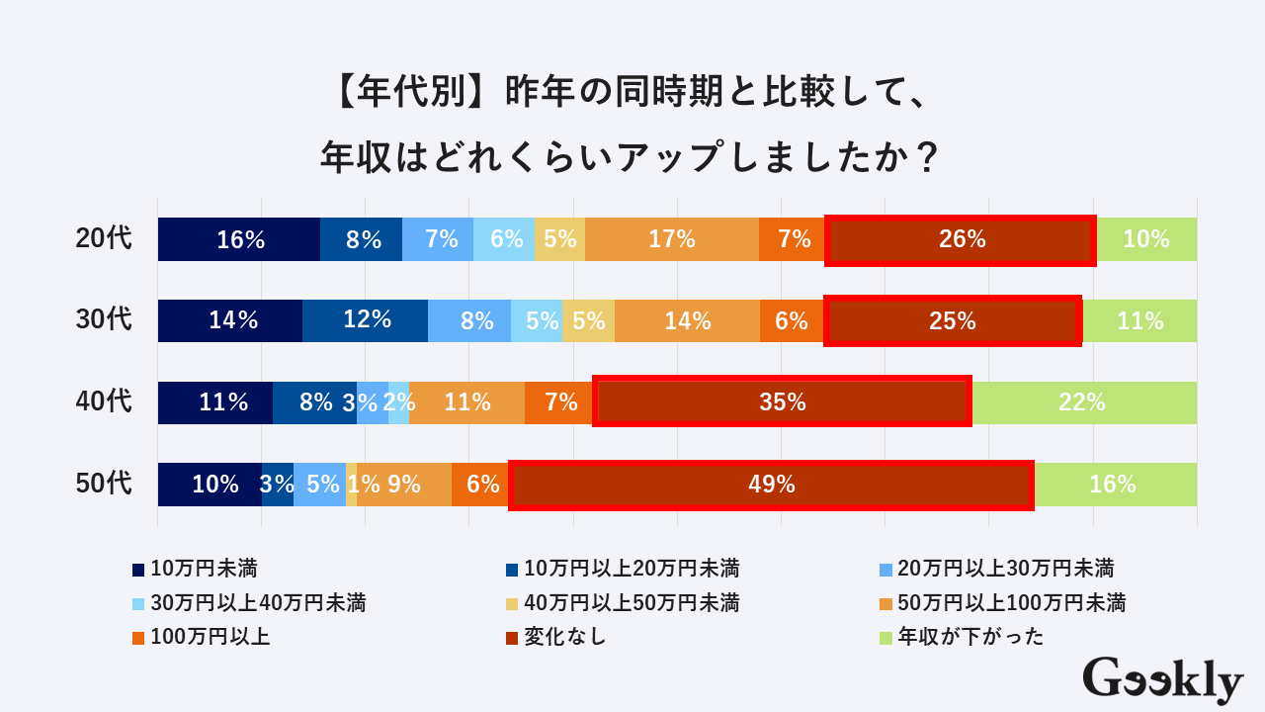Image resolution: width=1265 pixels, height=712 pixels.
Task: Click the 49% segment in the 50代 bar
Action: [x=772, y=485]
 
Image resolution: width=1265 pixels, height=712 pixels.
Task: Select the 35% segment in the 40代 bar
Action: [x=782, y=402]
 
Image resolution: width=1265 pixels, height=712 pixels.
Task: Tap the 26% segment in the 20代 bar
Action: [x=961, y=239]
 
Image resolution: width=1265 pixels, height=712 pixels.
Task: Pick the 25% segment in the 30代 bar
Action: [x=953, y=320]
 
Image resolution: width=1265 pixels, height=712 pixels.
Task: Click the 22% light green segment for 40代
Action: [x=1084, y=402]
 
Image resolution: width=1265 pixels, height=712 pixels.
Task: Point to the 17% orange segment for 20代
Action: [x=672, y=239]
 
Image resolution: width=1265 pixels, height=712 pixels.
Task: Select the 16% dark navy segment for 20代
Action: [x=239, y=239]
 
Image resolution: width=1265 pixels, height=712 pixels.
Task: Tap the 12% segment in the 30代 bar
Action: [x=366, y=320]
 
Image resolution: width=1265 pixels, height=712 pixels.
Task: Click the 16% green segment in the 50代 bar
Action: [x=1115, y=485]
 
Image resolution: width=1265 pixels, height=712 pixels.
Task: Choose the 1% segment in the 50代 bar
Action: [x=352, y=485]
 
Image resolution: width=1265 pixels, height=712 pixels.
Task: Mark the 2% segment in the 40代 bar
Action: [x=398, y=402]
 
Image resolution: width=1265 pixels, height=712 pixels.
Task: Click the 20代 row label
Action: [x=104, y=239]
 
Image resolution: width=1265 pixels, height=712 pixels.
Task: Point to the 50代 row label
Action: [x=104, y=485]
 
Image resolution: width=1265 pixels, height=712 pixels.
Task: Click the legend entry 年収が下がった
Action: [x=970, y=637]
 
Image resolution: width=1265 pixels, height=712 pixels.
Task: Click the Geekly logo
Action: [x=1162, y=680]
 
